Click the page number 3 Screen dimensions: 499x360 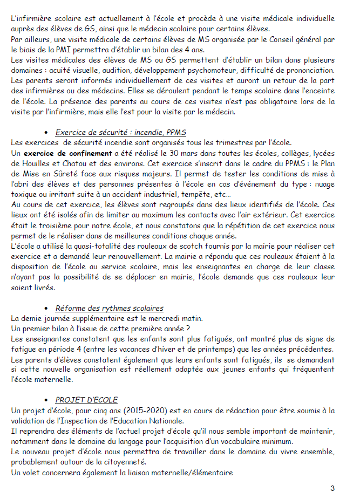(332, 488)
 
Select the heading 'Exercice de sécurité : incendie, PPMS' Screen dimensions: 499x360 (121, 133)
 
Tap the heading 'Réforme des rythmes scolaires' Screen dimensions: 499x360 (109, 309)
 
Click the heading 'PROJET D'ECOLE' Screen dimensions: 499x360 (86, 400)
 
